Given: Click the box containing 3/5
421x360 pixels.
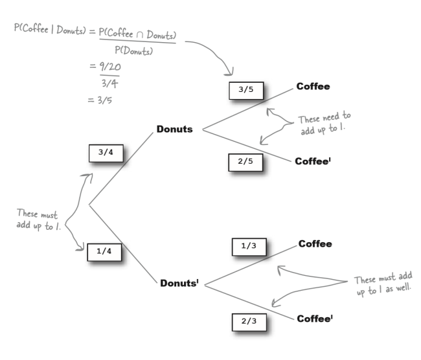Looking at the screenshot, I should pos(246,91).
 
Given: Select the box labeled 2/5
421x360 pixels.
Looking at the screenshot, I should pos(246,163).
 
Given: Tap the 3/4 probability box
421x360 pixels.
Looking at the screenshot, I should pos(105,153).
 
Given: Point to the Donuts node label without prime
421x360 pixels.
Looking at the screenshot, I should pos(174,129).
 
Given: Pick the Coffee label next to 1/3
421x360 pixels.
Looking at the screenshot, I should pos(315,244).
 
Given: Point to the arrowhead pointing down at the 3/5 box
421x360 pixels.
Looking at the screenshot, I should pos(232,76).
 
